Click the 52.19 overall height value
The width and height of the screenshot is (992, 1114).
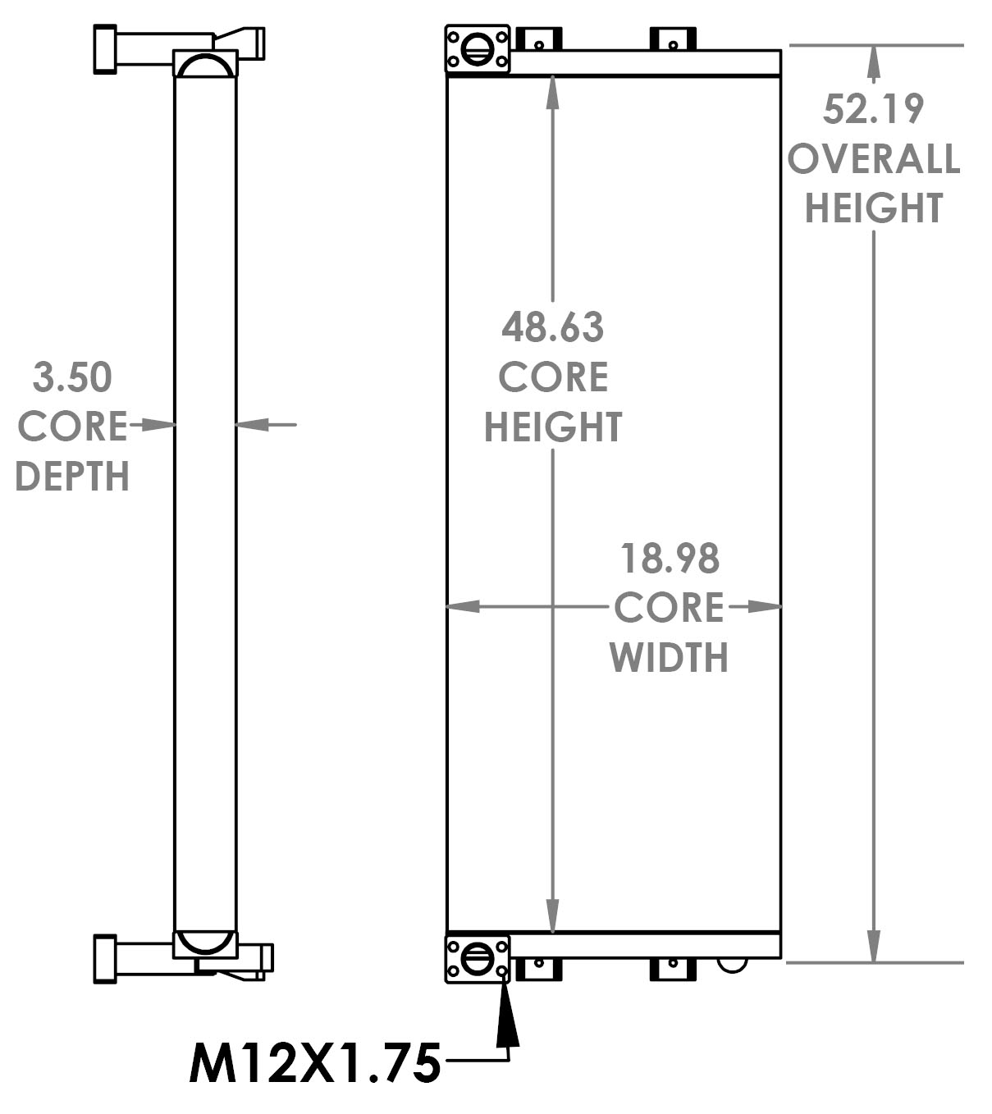pyautogui.click(x=873, y=109)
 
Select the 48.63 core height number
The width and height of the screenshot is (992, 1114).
pyautogui.click(x=552, y=327)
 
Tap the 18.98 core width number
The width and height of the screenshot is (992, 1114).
pyautogui.click(x=670, y=559)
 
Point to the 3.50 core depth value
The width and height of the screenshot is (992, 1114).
pyautogui.click(x=72, y=377)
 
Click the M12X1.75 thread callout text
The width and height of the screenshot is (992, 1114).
pyautogui.click(x=315, y=1064)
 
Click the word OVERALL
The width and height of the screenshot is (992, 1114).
pyautogui.click(x=873, y=158)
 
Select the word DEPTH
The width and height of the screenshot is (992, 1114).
pyautogui.click(x=72, y=477)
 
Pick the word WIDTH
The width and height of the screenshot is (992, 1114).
pyautogui.click(x=669, y=658)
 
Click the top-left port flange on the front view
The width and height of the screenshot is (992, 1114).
pyautogui.click(x=477, y=49)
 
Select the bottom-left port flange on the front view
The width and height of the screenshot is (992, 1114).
pyautogui.click(x=477, y=958)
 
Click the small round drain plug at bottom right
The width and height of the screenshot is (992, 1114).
pyautogui.click(x=732, y=964)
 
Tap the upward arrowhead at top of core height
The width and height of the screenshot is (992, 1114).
pyautogui.click(x=552, y=93)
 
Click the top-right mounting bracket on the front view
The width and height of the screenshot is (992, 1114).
pyautogui.click(x=673, y=39)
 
